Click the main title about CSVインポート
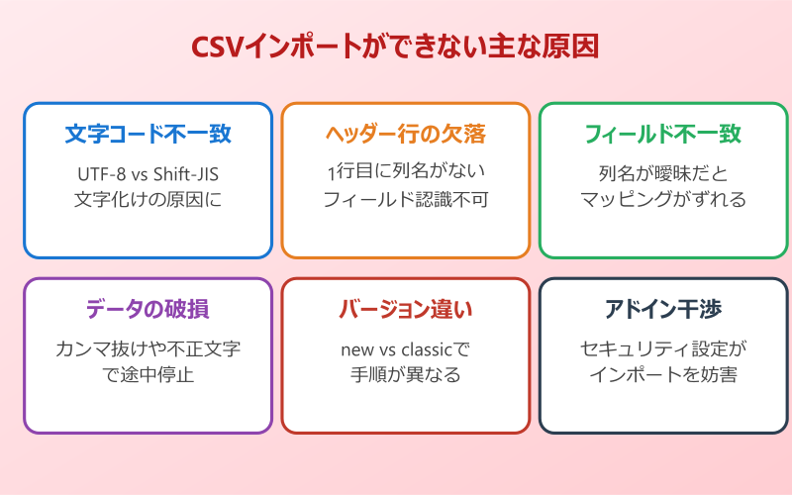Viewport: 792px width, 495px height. pyautogui.click(x=395, y=47)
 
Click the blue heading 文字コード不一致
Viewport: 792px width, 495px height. pyautogui.click(x=148, y=134)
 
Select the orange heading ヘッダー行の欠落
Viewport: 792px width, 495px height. pyautogui.click(x=406, y=134)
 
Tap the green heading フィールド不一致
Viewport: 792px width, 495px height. pyautogui.click(x=663, y=134)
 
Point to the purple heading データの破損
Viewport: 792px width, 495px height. pyautogui.click(x=148, y=309)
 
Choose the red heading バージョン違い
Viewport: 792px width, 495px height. pyautogui.click(x=406, y=309)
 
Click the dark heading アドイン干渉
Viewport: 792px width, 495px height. pyautogui.click(x=663, y=309)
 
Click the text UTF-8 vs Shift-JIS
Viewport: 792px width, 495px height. pyautogui.click(x=148, y=174)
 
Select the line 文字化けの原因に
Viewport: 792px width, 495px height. pyautogui.click(x=148, y=199)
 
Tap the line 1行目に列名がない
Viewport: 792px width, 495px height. pyautogui.click(x=406, y=174)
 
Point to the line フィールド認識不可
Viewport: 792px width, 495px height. pyautogui.click(x=406, y=199)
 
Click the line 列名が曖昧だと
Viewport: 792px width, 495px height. pyautogui.click(x=663, y=174)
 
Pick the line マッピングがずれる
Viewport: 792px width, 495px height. pyautogui.click(x=663, y=199)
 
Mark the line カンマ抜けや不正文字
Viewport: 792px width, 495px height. pyautogui.click(x=148, y=349)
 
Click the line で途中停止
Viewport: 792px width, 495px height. pyautogui.click(x=148, y=374)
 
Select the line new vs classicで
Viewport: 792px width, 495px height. pyautogui.click(x=406, y=349)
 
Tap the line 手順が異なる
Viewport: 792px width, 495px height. pyautogui.click(x=406, y=374)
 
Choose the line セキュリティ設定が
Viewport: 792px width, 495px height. pyautogui.click(x=663, y=349)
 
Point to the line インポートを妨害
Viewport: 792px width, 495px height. pyautogui.click(x=663, y=374)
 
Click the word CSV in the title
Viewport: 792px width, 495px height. pyautogui.click(x=219, y=47)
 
